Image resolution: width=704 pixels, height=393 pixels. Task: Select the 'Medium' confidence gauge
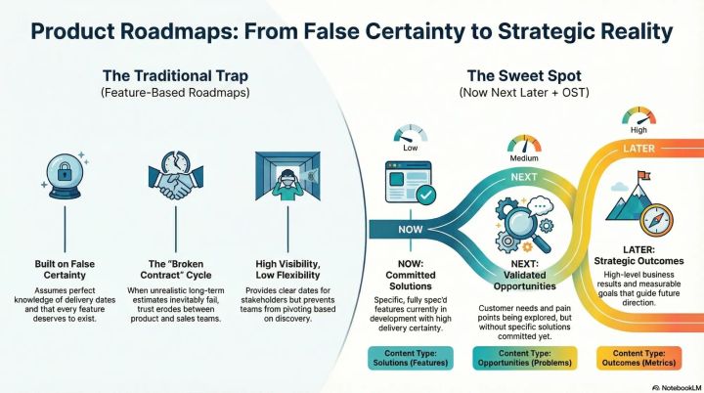click(524, 147)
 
